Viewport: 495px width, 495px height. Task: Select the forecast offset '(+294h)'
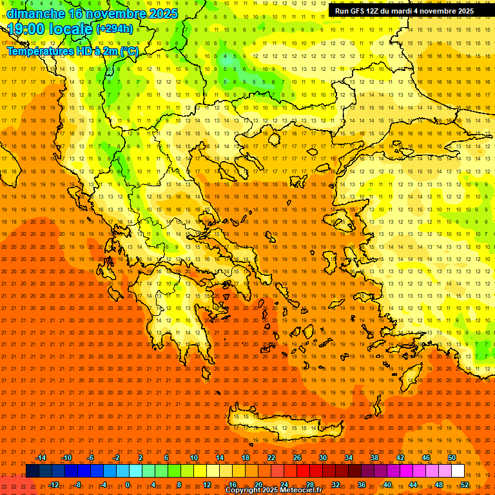click(x=115, y=28)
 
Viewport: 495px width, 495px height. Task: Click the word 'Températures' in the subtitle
click(x=38, y=51)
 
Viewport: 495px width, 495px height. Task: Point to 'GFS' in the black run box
click(x=361, y=11)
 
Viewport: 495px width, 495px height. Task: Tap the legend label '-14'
click(x=41, y=458)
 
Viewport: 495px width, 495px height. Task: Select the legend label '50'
click(x=452, y=458)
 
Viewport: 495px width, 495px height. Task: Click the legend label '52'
click(x=465, y=485)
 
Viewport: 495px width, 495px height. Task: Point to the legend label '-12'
click(x=53, y=485)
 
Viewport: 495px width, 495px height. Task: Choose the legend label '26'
click(x=297, y=458)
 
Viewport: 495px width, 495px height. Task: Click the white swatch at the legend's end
click(x=458, y=471)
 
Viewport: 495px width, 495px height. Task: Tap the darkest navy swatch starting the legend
click(x=32, y=471)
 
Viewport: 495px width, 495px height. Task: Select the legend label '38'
click(x=374, y=458)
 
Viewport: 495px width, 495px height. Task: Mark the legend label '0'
click(x=128, y=485)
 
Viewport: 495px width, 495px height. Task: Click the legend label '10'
click(x=194, y=458)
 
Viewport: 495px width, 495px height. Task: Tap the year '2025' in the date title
click(x=149, y=14)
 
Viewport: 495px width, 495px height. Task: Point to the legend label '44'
click(x=413, y=485)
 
